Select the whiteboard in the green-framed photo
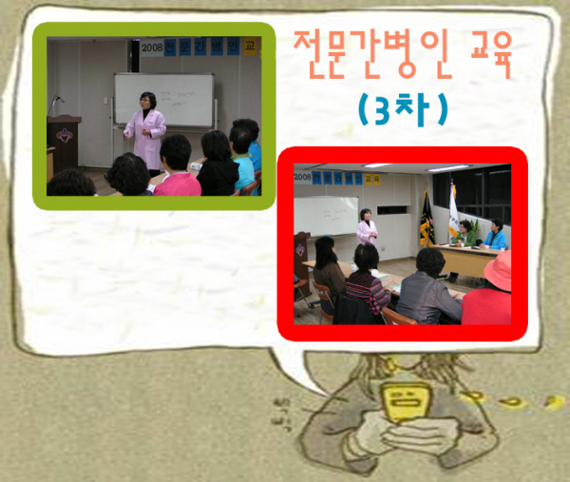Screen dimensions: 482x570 tap(164, 100)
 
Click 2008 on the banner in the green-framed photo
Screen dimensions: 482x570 tap(152, 47)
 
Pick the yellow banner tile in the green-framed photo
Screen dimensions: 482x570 tap(250, 46)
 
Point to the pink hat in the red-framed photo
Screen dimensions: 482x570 tap(498, 271)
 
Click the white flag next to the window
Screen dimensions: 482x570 tap(454, 211)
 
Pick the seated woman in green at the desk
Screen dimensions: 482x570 tap(465, 234)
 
